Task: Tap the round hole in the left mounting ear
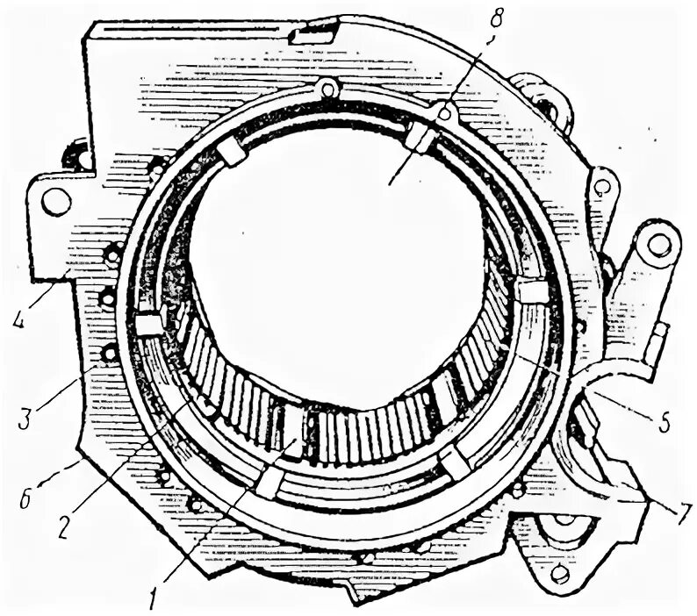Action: (56, 202)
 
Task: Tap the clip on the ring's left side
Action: (149, 326)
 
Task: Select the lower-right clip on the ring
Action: (456, 462)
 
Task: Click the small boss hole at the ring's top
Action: (328, 89)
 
